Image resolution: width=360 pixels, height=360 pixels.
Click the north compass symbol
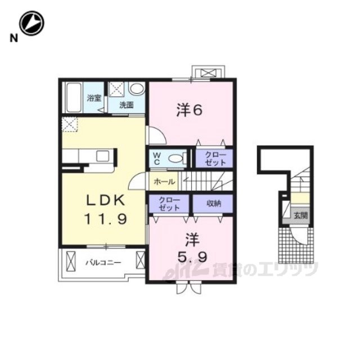(x=31, y=23)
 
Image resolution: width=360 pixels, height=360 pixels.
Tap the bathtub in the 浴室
(x=74, y=97)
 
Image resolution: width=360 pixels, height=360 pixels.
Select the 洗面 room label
(x=126, y=105)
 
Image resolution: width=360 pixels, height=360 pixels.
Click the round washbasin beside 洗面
(x=136, y=88)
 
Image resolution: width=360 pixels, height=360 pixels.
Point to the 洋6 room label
(x=189, y=110)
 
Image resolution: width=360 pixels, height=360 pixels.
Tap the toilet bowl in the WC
(x=176, y=158)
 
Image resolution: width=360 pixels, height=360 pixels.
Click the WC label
(x=157, y=159)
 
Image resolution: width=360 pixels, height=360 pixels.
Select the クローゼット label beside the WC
(x=215, y=159)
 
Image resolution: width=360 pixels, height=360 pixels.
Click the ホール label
(x=164, y=182)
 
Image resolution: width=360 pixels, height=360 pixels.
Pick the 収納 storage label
(x=213, y=204)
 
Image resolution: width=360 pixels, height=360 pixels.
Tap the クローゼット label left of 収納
(x=169, y=204)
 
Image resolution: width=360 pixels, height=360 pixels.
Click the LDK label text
(x=106, y=200)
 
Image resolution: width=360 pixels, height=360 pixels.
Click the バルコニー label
(x=103, y=263)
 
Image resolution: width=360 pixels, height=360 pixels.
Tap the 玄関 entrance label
(x=300, y=215)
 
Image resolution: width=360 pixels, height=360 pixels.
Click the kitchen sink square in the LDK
(x=102, y=156)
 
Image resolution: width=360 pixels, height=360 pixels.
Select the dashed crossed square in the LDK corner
(x=70, y=124)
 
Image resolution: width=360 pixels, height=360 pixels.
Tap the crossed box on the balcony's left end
(x=70, y=261)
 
